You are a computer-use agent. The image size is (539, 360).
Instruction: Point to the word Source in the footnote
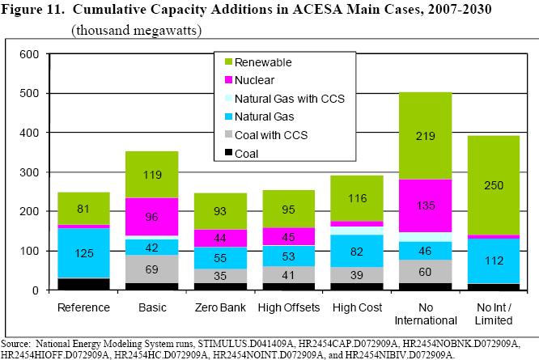point(19,345)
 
